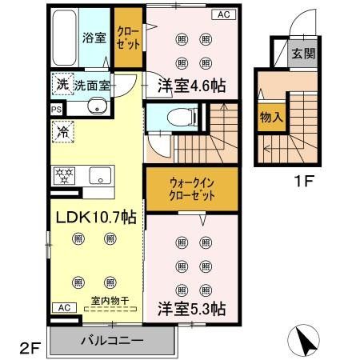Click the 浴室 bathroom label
94,38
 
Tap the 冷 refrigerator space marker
62,130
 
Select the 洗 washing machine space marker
62,83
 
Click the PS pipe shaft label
55,110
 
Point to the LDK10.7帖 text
94,217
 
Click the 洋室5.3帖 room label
190,307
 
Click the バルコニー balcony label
112,340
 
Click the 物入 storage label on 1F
270,117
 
